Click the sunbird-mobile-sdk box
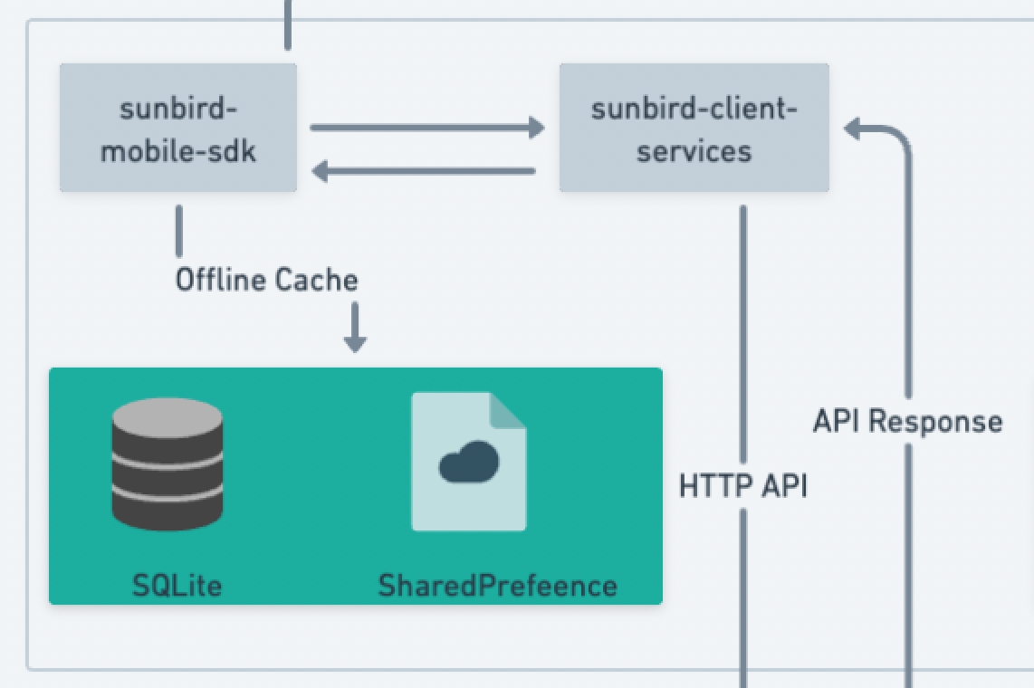[178, 128]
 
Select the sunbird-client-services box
[694, 128]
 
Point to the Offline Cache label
[266, 280]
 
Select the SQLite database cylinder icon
[167, 465]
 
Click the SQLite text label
[177, 586]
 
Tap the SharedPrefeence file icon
[468, 461]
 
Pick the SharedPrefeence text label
[497, 586]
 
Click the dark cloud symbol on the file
[468, 462]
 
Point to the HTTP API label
[742, 486]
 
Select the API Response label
[907, 421]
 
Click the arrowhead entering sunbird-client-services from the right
[854, 129]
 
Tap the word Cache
[316, 280]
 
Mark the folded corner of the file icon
[508, 409]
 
